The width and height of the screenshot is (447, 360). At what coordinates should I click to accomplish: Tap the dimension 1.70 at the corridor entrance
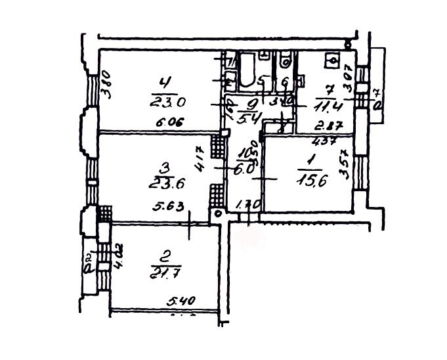pos(244,204)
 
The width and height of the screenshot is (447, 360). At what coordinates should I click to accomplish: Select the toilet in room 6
pos(284,63)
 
